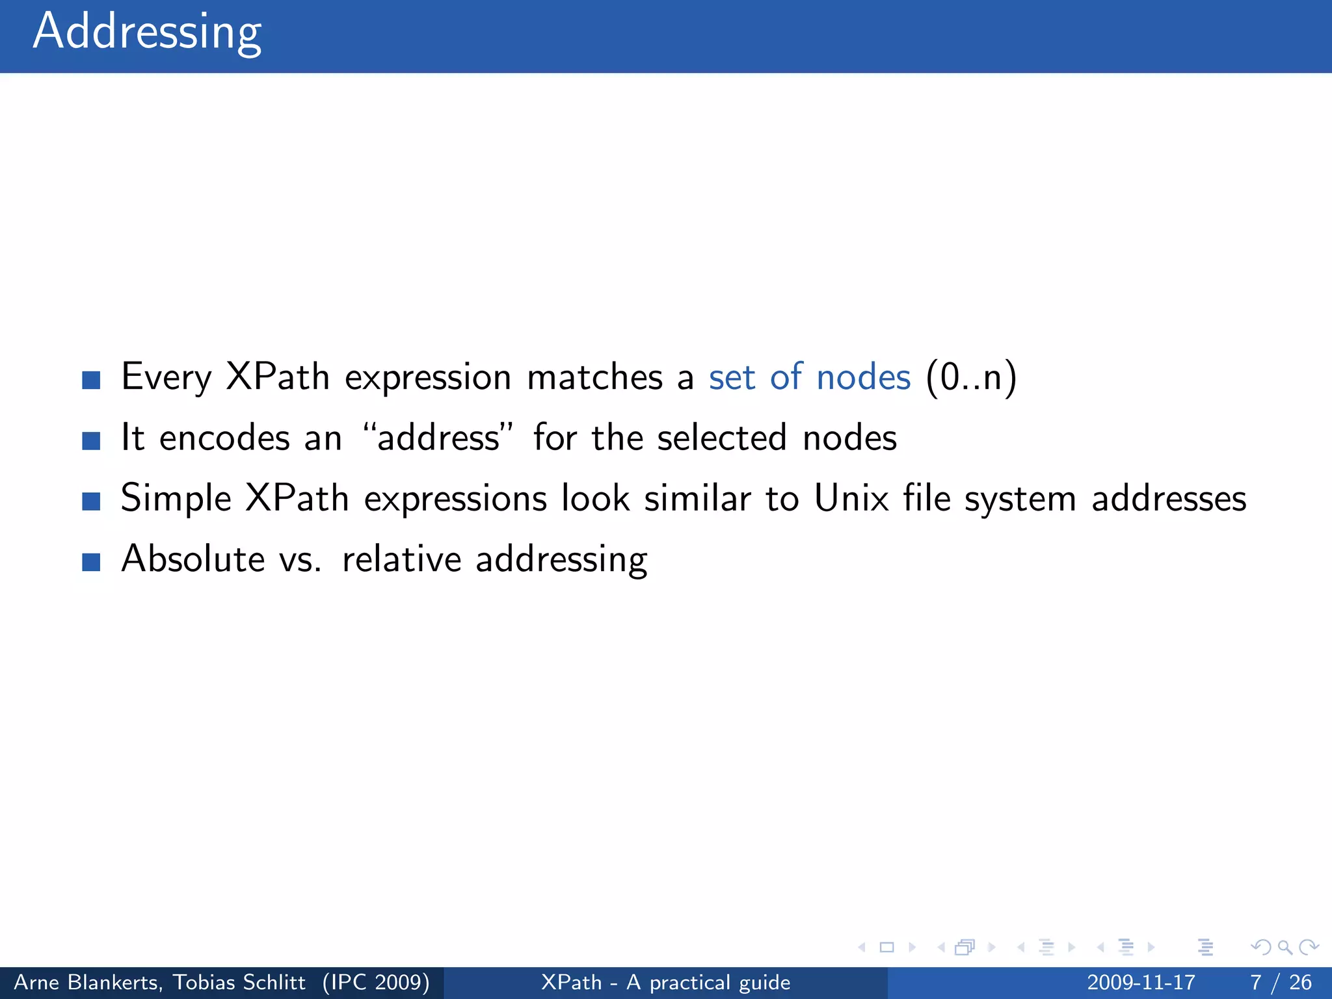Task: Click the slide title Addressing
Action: click(x=147, y=33)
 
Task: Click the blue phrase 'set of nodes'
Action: click(x=809, y=377)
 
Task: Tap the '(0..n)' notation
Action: click(x=970, y=377)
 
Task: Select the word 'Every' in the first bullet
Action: click(x=166, y=377)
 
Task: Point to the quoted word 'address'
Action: click(x=438, y=438)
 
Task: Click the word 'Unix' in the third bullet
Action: click(x=851, y=499)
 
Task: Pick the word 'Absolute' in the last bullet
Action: click(x=193, y=559)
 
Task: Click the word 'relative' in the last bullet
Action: click(x=402, y=559)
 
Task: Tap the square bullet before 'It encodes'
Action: click(x=91, y=441)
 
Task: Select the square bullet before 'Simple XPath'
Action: click(x=91, y=501)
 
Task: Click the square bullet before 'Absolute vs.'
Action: click(x=91, y=562)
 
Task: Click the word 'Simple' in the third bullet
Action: click(x=176, y=499)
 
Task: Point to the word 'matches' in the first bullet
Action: click(x=594, y=377)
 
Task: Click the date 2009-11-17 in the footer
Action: click(x=1141, y=982)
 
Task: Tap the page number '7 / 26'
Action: click(x=1281, y=982)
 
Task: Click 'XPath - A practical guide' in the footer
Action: click(x=665, y=982)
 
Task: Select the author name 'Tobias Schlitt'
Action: click(x=239, y=982)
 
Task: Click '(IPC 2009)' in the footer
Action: click(x=376, y=982)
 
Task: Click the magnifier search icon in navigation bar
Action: click(x=1285, y=948)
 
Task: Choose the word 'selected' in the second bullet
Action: click(x=722, y=438)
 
